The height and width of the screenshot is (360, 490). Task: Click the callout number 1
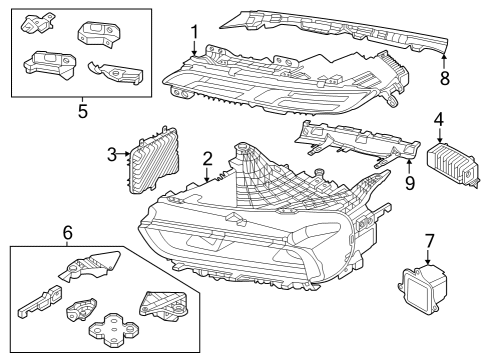[195, 31]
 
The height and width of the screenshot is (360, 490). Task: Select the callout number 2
[206, 158]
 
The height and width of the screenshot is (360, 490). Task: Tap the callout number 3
[113, 154]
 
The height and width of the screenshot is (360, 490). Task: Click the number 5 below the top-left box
[82, 111]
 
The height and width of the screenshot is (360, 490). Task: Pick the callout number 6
[68, 232]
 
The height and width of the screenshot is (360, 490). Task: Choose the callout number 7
[429, 240]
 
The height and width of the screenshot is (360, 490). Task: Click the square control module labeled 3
[153, 157]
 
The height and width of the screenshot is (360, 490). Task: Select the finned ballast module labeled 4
[450, 160]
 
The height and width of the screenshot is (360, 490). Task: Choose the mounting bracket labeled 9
[355, 145]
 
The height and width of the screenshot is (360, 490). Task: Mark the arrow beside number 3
[125, 154]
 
